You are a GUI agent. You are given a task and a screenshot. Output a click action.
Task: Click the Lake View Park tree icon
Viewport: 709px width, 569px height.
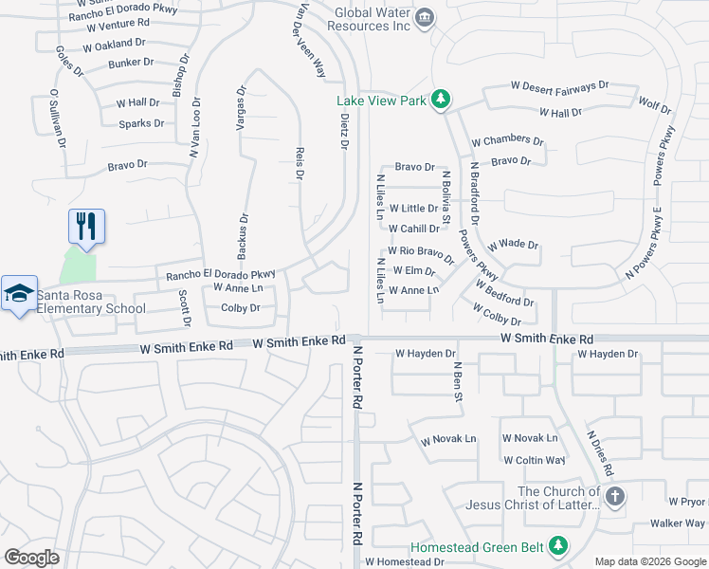[440, 100]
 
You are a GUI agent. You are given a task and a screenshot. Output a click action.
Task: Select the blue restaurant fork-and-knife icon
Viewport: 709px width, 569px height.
[86, 228]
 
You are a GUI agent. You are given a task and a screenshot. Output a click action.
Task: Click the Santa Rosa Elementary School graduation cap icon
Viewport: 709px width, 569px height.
[18, 294]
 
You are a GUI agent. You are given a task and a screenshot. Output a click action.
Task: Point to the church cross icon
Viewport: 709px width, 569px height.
[615, 497]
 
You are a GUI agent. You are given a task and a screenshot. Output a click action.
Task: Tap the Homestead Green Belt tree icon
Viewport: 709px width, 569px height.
[558, 545]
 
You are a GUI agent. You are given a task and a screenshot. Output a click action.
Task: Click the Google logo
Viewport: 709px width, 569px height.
[31, 557]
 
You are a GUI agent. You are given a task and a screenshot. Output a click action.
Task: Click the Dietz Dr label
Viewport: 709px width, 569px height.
[344, 130]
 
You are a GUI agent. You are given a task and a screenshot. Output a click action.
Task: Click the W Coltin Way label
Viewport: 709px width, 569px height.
[534, 460]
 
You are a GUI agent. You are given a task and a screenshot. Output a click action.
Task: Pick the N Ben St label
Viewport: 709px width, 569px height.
[458, 380]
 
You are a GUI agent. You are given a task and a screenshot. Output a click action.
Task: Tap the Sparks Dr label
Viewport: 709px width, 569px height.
[142, 123]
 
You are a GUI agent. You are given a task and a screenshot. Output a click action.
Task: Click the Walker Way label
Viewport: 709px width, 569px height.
[677, 523]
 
